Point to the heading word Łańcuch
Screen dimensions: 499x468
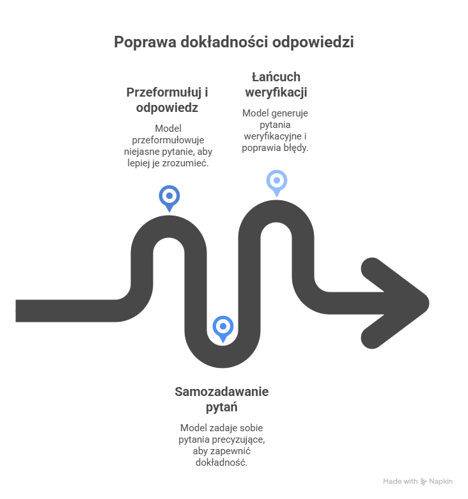pos(276,77)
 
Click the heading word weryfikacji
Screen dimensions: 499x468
pos(276,92)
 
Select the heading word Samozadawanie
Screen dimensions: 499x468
pos(222,392)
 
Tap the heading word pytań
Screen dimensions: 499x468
pos(222,406)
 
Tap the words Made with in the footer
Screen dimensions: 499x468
pos(400,481)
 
